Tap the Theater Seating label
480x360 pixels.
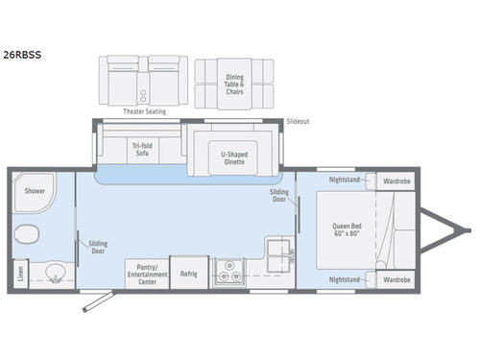coord(144,111)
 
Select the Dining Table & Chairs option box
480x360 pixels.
coord(235,83)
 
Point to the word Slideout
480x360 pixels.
coord(299,122)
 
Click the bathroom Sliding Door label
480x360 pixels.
coord(98,247)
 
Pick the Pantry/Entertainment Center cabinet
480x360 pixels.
coord(145,274)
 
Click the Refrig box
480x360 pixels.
coord(188,274)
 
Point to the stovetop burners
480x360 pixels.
coord(229,274)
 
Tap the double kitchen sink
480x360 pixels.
coord(278,252)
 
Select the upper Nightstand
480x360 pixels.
coord(345,180)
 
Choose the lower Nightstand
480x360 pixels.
coord(345,279)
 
